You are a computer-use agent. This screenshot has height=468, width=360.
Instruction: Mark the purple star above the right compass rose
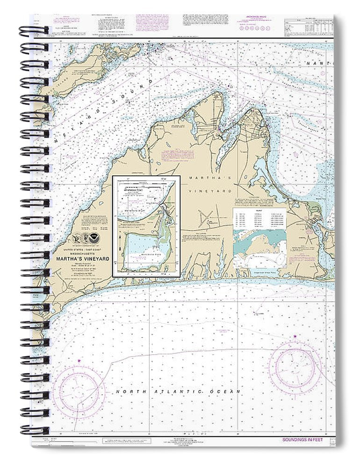tap(295, 336)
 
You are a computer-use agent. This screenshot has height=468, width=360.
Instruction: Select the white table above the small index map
tap(259, 218)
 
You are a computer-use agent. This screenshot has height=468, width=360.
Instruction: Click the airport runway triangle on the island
tap(205, 218)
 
